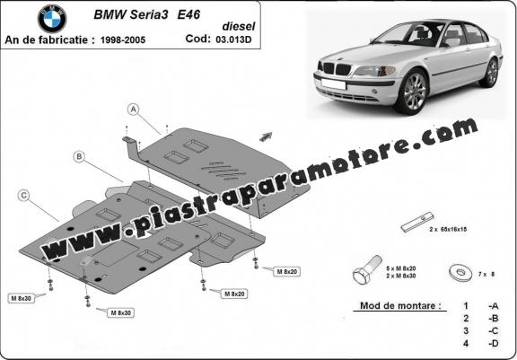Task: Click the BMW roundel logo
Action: point(52,19)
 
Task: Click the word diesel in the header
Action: point(239,26)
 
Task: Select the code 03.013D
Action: point(233,40)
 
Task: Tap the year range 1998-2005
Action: point(123,40)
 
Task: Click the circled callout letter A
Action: point(133,110)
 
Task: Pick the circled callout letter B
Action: point(79,156)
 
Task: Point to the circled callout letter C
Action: point(23,196)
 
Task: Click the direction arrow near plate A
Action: point(266,136)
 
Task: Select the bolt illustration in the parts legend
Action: point(367,269)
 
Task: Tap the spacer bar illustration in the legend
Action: point(417,222)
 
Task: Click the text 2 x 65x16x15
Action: point(448,229)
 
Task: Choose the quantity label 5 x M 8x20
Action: point(400,268)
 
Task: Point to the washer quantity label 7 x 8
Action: point(486,274)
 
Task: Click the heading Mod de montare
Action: point(400,305)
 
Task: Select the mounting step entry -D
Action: point(494,343)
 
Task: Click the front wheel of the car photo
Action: point(411,92)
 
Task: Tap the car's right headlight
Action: point(374,71)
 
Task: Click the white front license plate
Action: point(333,84)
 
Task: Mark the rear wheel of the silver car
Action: point(490,74)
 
